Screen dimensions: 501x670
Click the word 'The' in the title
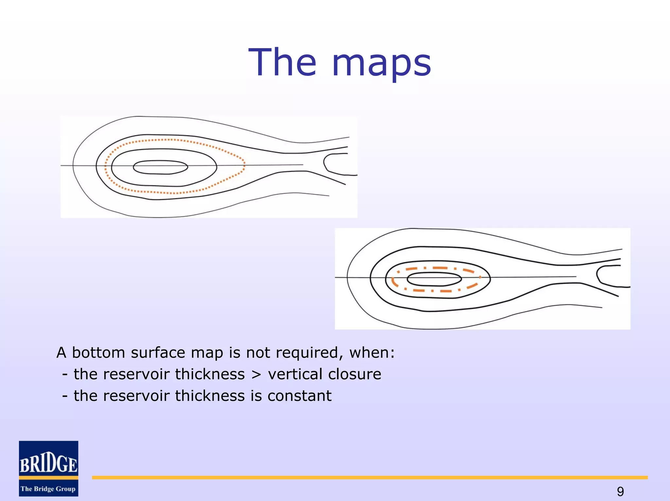[x=282, y=62]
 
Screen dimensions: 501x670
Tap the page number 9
[x=620, y=491]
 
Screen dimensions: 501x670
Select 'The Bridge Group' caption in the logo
[x=48, y=489]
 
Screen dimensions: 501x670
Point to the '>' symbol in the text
[x=256, y=374]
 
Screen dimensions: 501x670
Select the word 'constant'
[x=299, y=396]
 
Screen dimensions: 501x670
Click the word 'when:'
[x=372, y=353]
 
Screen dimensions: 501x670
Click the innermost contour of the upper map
[x=160, y=161]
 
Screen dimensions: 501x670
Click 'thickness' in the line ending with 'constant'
[x=210, y=396]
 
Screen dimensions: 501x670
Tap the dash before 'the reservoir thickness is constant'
[x=65, y=396]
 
